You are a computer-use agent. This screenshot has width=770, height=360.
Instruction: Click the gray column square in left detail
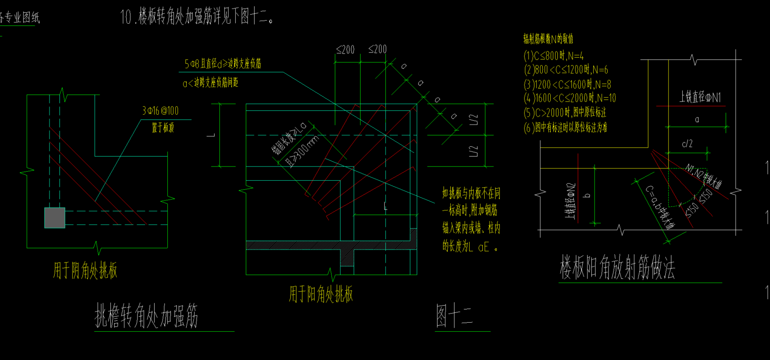55,218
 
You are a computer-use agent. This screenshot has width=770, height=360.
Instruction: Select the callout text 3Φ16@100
160,111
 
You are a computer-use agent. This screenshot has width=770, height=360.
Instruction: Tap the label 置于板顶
163,127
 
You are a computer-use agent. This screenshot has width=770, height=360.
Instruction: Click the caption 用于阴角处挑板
85,271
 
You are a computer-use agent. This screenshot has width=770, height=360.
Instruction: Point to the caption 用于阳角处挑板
321,294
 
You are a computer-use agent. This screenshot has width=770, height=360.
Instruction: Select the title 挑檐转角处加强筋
146,316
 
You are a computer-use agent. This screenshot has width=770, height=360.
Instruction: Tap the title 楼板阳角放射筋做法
617,268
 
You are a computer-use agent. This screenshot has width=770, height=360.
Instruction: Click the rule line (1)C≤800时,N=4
554,56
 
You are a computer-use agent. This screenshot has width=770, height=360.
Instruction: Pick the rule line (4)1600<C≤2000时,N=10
570,98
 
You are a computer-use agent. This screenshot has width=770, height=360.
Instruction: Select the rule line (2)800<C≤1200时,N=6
566,70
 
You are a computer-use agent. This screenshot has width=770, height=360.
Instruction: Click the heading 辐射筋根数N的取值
548,39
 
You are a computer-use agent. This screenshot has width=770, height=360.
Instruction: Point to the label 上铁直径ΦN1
700,98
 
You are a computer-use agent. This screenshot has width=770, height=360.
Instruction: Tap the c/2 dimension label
687,144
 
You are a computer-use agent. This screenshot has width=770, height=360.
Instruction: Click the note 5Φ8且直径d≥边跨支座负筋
223,64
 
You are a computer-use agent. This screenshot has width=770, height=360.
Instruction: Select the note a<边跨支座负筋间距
210,83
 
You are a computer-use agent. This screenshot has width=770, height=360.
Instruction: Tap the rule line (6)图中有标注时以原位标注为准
565,127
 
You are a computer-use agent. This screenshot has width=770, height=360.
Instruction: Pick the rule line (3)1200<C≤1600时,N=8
567,84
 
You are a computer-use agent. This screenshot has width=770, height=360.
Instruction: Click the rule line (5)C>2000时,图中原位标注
565,113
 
